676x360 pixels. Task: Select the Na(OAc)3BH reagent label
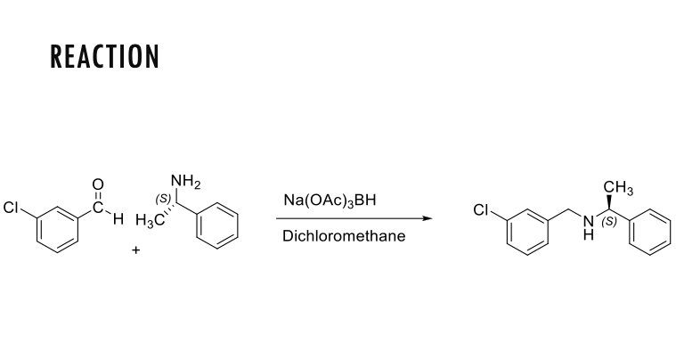pos(330,200)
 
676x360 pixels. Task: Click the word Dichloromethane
pos(343,236)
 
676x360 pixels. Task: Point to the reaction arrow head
pos(428,219)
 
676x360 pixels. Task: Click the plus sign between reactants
pos(136,250)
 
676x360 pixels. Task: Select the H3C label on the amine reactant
pos(149,220)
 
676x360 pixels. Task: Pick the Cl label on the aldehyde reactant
pos(12,209)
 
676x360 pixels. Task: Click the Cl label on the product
pos(482,211)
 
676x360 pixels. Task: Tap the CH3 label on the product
pos(618,187)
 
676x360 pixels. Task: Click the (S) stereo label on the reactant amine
pos(163,199)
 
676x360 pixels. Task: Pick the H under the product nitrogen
pos(588,235)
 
